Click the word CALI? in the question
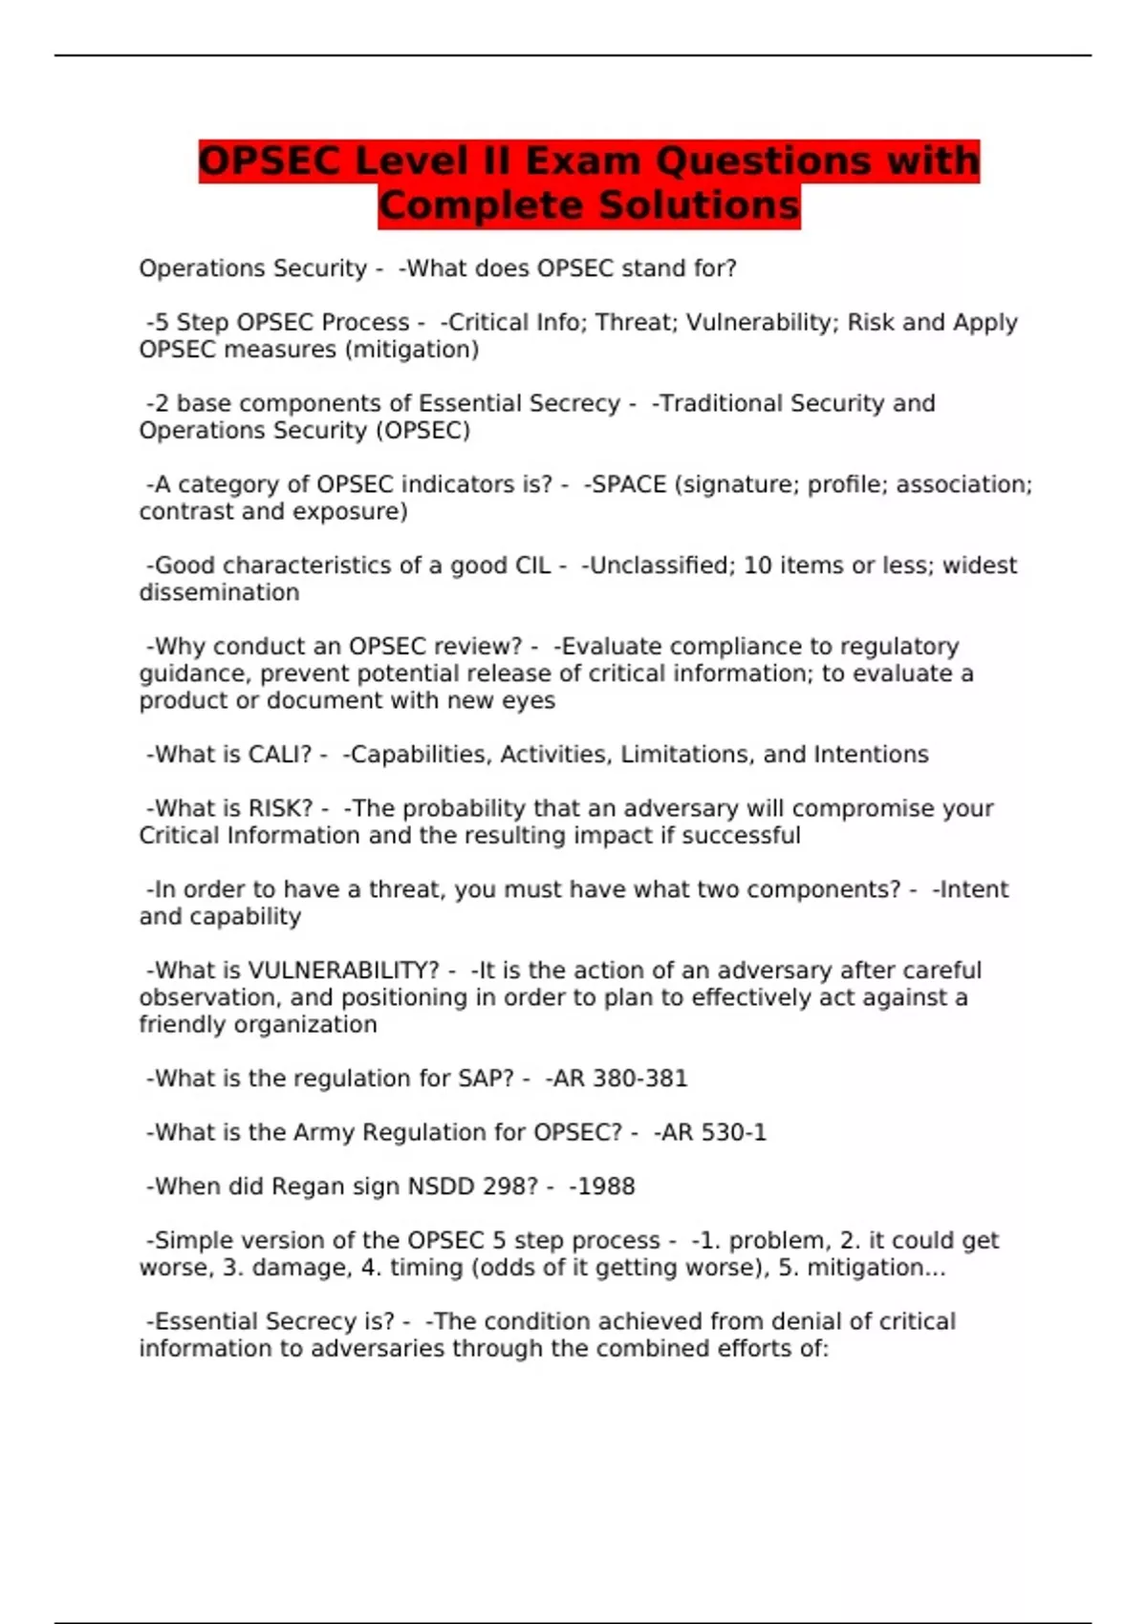280,755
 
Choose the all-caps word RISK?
281,808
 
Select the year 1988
605,1186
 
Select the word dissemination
219,592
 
